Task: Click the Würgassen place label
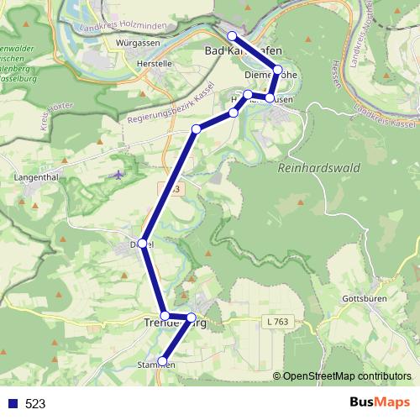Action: pos(139,42)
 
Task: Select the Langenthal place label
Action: pos(36,178)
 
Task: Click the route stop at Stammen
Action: pos(163,362)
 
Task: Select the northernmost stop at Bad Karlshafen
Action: pos(233,36)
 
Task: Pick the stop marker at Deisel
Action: pos(143,244)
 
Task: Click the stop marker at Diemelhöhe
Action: pos(278,70)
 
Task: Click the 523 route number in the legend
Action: pos(35,403)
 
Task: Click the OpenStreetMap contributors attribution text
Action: pos(347,376)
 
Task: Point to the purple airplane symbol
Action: pos(118,176)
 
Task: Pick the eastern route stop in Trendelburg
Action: pos(192,318)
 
